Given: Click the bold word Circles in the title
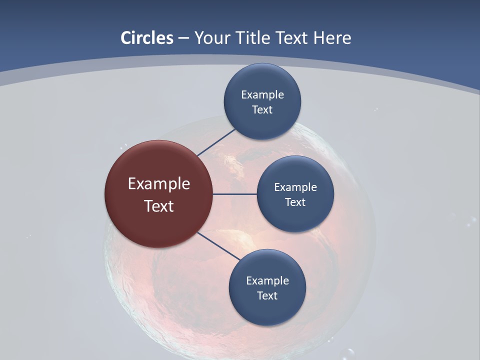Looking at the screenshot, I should pos(146,38).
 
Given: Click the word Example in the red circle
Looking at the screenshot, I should pos(159,184).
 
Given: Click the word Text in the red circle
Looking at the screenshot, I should pos(159,206).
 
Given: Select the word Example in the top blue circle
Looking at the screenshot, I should pos(262,94).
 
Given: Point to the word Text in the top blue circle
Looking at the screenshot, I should pos(262,109).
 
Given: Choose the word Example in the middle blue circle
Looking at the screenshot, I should pos(295,187).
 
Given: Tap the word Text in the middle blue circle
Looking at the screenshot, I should pos(295,202).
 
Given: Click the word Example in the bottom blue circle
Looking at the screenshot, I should pos(267,280).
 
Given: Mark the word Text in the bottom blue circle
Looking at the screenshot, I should pos(267,295).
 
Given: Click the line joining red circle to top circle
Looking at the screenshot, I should pos(216,142).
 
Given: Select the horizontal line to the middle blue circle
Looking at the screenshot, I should pos(235,194).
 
